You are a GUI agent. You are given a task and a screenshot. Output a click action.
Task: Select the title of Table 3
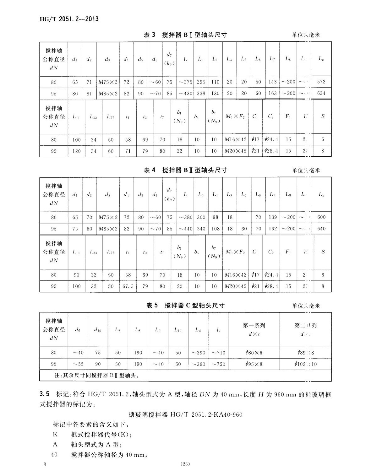click(x=185, y=35)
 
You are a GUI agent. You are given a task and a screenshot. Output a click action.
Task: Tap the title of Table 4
click(x=185, y=170)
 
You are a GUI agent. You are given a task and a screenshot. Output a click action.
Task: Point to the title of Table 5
click(x=185, y=306)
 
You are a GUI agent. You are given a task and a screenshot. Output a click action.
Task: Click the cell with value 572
click(x=321, y=82)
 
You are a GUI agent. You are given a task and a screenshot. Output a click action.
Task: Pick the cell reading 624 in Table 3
click(x=321, y=93)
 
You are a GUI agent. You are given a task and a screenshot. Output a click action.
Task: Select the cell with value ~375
click(x=185, y=82)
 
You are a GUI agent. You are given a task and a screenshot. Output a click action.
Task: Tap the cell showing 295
click(x=201, y=82)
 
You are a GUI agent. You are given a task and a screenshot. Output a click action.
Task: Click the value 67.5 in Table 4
click(x=128, y=286)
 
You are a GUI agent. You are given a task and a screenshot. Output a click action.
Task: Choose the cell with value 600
click(x=321, y=217)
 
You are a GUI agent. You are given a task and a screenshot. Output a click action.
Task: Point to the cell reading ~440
click(x=185, y=229)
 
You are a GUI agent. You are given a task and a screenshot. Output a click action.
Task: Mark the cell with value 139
click(x=273, y=217)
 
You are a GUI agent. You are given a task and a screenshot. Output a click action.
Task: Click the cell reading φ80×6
click(x=254, y=353)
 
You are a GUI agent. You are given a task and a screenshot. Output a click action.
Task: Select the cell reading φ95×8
click(x=254, y=364)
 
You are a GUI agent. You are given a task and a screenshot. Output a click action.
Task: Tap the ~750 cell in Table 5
click(x=218, y=364)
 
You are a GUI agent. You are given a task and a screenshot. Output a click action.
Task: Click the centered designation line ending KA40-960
click(x=186, y=414)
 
